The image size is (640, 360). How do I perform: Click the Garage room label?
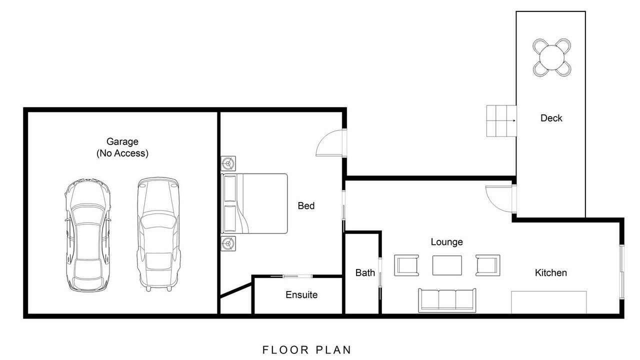[x=122, y=141]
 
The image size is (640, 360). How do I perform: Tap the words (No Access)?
[x=122, y=153]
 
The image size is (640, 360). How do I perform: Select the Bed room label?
[x=306, y=205]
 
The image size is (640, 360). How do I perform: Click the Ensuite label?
[x=301, y=294]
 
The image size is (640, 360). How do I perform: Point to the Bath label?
[x=365, y=272]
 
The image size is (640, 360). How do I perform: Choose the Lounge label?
[x=447, y=242]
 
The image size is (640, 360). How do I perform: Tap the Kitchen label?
[x=551, y=272]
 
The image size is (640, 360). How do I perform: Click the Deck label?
[x=551, y=118]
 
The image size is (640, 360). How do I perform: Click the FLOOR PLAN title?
[x=306, y=349]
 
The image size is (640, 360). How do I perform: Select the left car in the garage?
[x=87, y=235]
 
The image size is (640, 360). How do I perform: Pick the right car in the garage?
[x=158, y=234]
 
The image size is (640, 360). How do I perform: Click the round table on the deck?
[x=551, y=57]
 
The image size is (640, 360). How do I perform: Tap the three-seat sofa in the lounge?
[x=447, y=300]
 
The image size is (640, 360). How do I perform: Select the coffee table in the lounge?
[x=447, y=265]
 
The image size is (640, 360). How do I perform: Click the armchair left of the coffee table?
[x=406, y=265]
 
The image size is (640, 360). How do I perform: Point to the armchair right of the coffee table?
[x=487, y=265]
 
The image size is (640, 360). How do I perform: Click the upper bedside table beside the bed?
[x=228, y=163]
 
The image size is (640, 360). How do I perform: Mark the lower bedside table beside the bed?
[x=228, y=243]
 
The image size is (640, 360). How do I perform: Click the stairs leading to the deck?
[x=501, y=121]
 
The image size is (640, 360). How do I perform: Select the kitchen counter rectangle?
[x=549, y=302]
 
